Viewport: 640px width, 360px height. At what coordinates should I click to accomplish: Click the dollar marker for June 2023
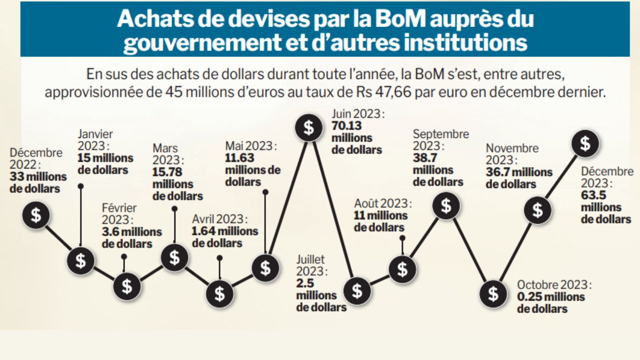pos(309,128)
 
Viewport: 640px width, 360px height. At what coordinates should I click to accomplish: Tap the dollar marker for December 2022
pos(36,215)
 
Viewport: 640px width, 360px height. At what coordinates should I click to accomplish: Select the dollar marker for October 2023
pos(493,293)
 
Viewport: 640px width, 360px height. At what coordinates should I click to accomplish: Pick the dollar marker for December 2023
pos(585,144)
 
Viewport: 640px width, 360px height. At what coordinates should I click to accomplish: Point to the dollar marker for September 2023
pos(446,206)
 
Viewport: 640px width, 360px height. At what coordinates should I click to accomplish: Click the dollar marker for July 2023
pos(357,290)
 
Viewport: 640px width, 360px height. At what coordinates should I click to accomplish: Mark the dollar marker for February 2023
pos(127,286)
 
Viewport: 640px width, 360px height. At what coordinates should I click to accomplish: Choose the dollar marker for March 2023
pos(174,258)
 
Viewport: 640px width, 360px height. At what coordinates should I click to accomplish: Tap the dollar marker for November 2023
pos(537,210)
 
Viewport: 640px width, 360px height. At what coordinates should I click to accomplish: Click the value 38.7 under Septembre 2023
pos(424,158)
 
